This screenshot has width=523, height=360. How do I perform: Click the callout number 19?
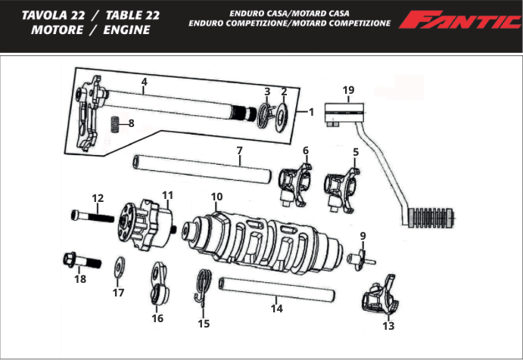pyautogui.click(x=347, y=91)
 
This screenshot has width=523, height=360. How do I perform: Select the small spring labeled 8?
pyautogui.click(x=114, y=123)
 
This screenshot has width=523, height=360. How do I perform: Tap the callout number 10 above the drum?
pyautogui.click(x=216, y=197)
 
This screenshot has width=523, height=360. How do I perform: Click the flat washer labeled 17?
pyautogui.click(x=120, y=267)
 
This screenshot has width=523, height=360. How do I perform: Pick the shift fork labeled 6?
pyautogui.click(x=294, y=182)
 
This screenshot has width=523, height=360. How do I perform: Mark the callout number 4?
pyautogui.click(x=144, y=81)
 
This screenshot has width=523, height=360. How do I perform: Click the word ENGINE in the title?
pyautogui.click(x=122, y=30)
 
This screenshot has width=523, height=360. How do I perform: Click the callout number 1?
pyautogui.click(x=310, y=111)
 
